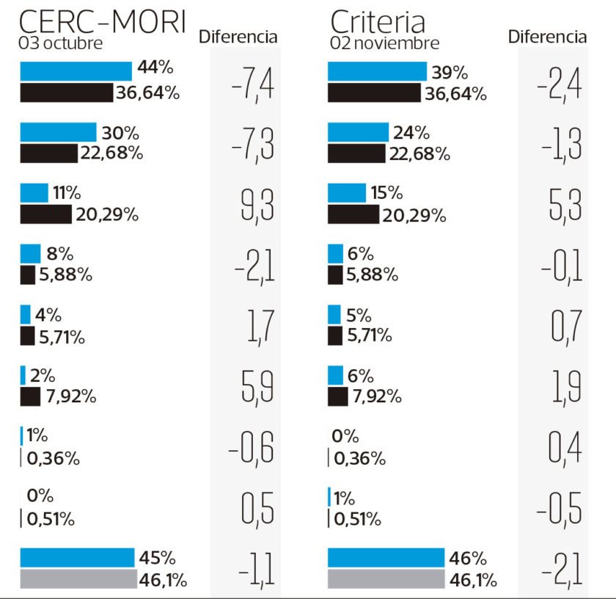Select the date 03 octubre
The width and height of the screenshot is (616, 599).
61,43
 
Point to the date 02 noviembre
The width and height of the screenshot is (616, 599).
384,43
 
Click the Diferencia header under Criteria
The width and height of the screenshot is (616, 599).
547,37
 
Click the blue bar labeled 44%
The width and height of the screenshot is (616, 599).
76,70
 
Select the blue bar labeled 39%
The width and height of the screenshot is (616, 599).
377,70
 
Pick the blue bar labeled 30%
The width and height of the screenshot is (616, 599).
58,132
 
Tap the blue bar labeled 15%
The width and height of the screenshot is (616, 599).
346,193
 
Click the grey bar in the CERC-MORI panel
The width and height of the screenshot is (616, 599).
78,579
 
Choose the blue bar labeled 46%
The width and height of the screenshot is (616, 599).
386,558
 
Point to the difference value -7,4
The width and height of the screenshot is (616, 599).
252,85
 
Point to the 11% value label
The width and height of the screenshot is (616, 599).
66,193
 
